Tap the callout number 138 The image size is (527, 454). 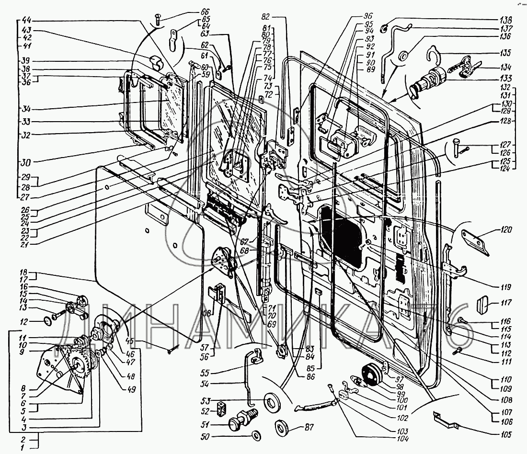coord(505,21)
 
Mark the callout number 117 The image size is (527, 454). coord(506,303)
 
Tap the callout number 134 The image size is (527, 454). coord(505,68)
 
